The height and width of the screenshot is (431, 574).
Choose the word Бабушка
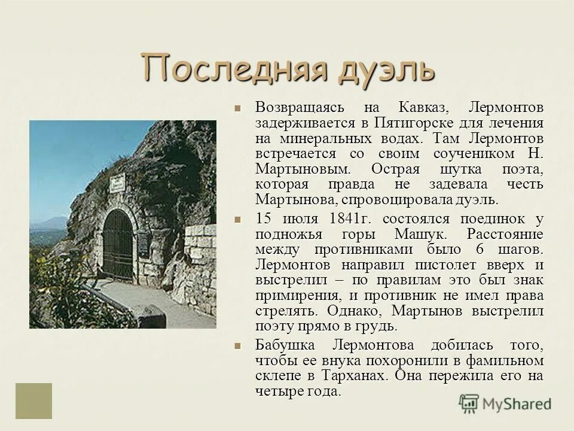tap(289, 346)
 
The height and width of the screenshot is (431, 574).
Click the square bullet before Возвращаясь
tap(237, 108)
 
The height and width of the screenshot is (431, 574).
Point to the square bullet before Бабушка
tap(237, 347)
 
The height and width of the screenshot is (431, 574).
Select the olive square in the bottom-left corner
tap(34, 400)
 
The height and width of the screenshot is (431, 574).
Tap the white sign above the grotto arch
tap(118, 182)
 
